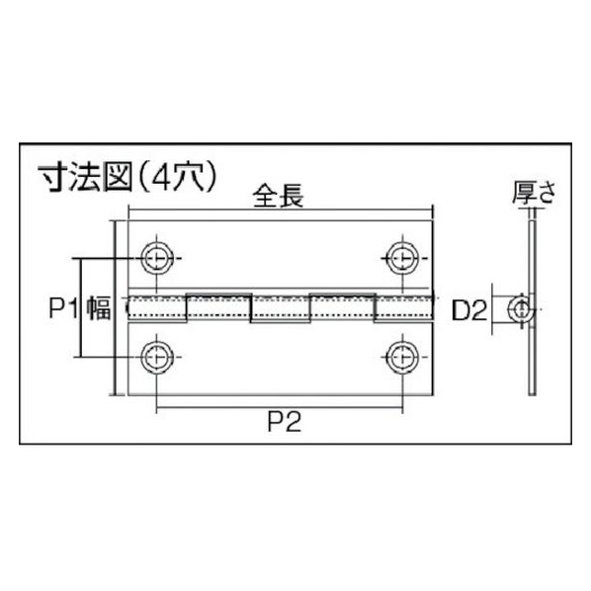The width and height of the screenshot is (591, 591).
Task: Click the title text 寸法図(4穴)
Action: coord(128,178)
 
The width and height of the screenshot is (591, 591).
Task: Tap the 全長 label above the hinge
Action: coord(278,196)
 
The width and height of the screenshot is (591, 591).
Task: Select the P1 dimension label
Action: coord(63,307)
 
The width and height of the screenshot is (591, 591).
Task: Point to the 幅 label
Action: coord(99,307)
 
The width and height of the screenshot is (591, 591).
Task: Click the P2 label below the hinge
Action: coord(285,422)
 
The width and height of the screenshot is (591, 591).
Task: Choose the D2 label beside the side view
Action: coord(469,310)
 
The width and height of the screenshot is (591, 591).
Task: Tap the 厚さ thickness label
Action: coord(534,193)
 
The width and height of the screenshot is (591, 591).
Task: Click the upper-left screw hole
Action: coord(157,258)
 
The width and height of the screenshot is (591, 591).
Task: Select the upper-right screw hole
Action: coord(402,258)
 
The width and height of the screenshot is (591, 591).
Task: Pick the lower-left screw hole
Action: coord(157,357)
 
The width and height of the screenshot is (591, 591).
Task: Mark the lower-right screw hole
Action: coord(402,357)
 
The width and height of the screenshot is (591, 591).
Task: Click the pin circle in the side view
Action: coord(521,309)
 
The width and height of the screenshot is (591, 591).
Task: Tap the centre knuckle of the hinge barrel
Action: coord(280,309)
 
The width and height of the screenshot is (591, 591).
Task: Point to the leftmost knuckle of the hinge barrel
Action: coord(157,309)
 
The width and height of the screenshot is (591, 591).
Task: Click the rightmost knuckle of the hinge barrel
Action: coord(403,309)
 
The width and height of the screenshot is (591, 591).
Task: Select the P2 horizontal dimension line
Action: coord(280,407)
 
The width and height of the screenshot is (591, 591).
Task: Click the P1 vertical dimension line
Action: coord(81,307)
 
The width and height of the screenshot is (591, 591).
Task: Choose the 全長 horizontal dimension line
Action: coord(281,210)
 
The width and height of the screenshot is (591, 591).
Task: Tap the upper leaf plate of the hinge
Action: coord(280,256)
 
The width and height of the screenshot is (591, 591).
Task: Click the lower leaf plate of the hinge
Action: coord(280,359)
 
